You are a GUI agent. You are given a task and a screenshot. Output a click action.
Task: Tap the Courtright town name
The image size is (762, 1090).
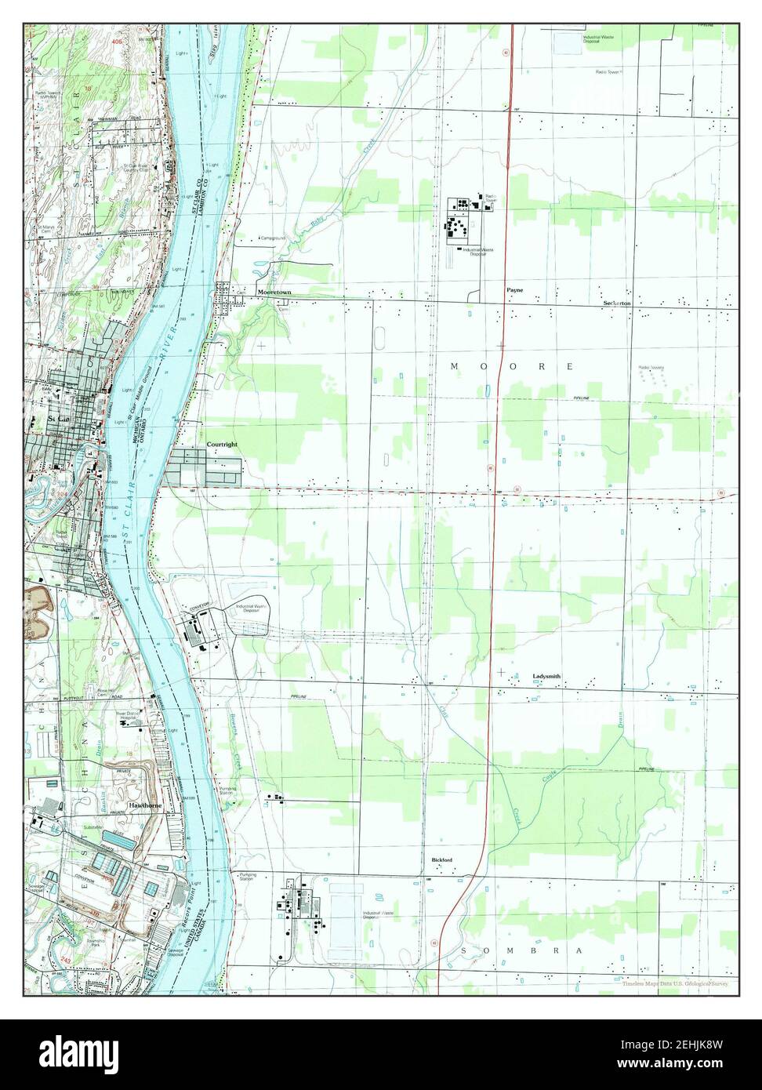(x=222, y=445)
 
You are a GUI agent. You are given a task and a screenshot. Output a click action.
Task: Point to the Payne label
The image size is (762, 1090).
(x=513, y=290)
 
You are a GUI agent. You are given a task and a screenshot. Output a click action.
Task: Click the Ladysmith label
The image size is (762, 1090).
(x=546, y=675)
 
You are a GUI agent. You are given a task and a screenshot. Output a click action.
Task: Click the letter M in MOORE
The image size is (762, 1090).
(x=454, y=366)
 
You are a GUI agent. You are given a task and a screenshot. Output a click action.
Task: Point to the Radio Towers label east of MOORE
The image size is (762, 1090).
(x=651, y=367)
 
